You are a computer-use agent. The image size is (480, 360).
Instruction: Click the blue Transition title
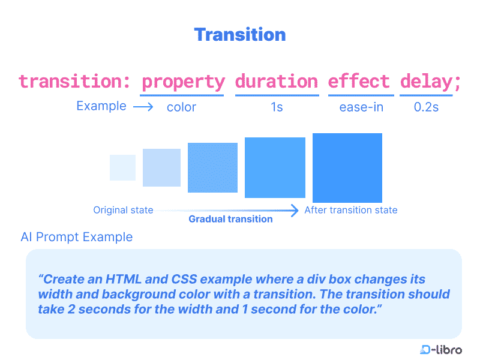(x=240, y=35)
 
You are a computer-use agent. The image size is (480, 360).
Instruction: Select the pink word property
(x=183, y=82)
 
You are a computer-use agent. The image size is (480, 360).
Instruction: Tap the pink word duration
(x=277, y=81)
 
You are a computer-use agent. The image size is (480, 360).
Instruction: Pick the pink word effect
(x=359, y=81)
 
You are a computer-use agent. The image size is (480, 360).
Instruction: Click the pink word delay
(x=427, y=82)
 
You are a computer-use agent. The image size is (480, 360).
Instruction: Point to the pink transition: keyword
(x=74, y=82)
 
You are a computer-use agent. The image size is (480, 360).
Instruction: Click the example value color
(x=181, y=107)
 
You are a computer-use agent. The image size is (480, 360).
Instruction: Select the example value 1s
(x=277, y=107)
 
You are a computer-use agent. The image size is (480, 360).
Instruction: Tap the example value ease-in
(x=361, y=107)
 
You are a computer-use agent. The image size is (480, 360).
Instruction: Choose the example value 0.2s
(x=426, y=107)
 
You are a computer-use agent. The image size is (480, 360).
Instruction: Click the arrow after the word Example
(x=143, y=107)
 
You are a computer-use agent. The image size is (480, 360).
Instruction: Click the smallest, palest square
(x=123, y=167)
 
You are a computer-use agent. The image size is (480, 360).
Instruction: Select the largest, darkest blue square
(x=347, y=168)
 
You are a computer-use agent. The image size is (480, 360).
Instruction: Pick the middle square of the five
(x=212, y=167)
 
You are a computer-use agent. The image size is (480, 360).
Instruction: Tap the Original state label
(x=123, y=210)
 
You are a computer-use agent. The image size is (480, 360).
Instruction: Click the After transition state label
(x=351, y=210)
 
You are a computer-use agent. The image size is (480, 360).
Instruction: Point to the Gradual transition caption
(x=230, y=219)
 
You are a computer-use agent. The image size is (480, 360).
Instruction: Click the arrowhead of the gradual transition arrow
(x=295, y=211)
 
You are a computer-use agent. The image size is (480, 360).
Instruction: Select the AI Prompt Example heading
(x=77, y=237)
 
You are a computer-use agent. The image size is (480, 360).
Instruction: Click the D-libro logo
(x=441, y=350)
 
